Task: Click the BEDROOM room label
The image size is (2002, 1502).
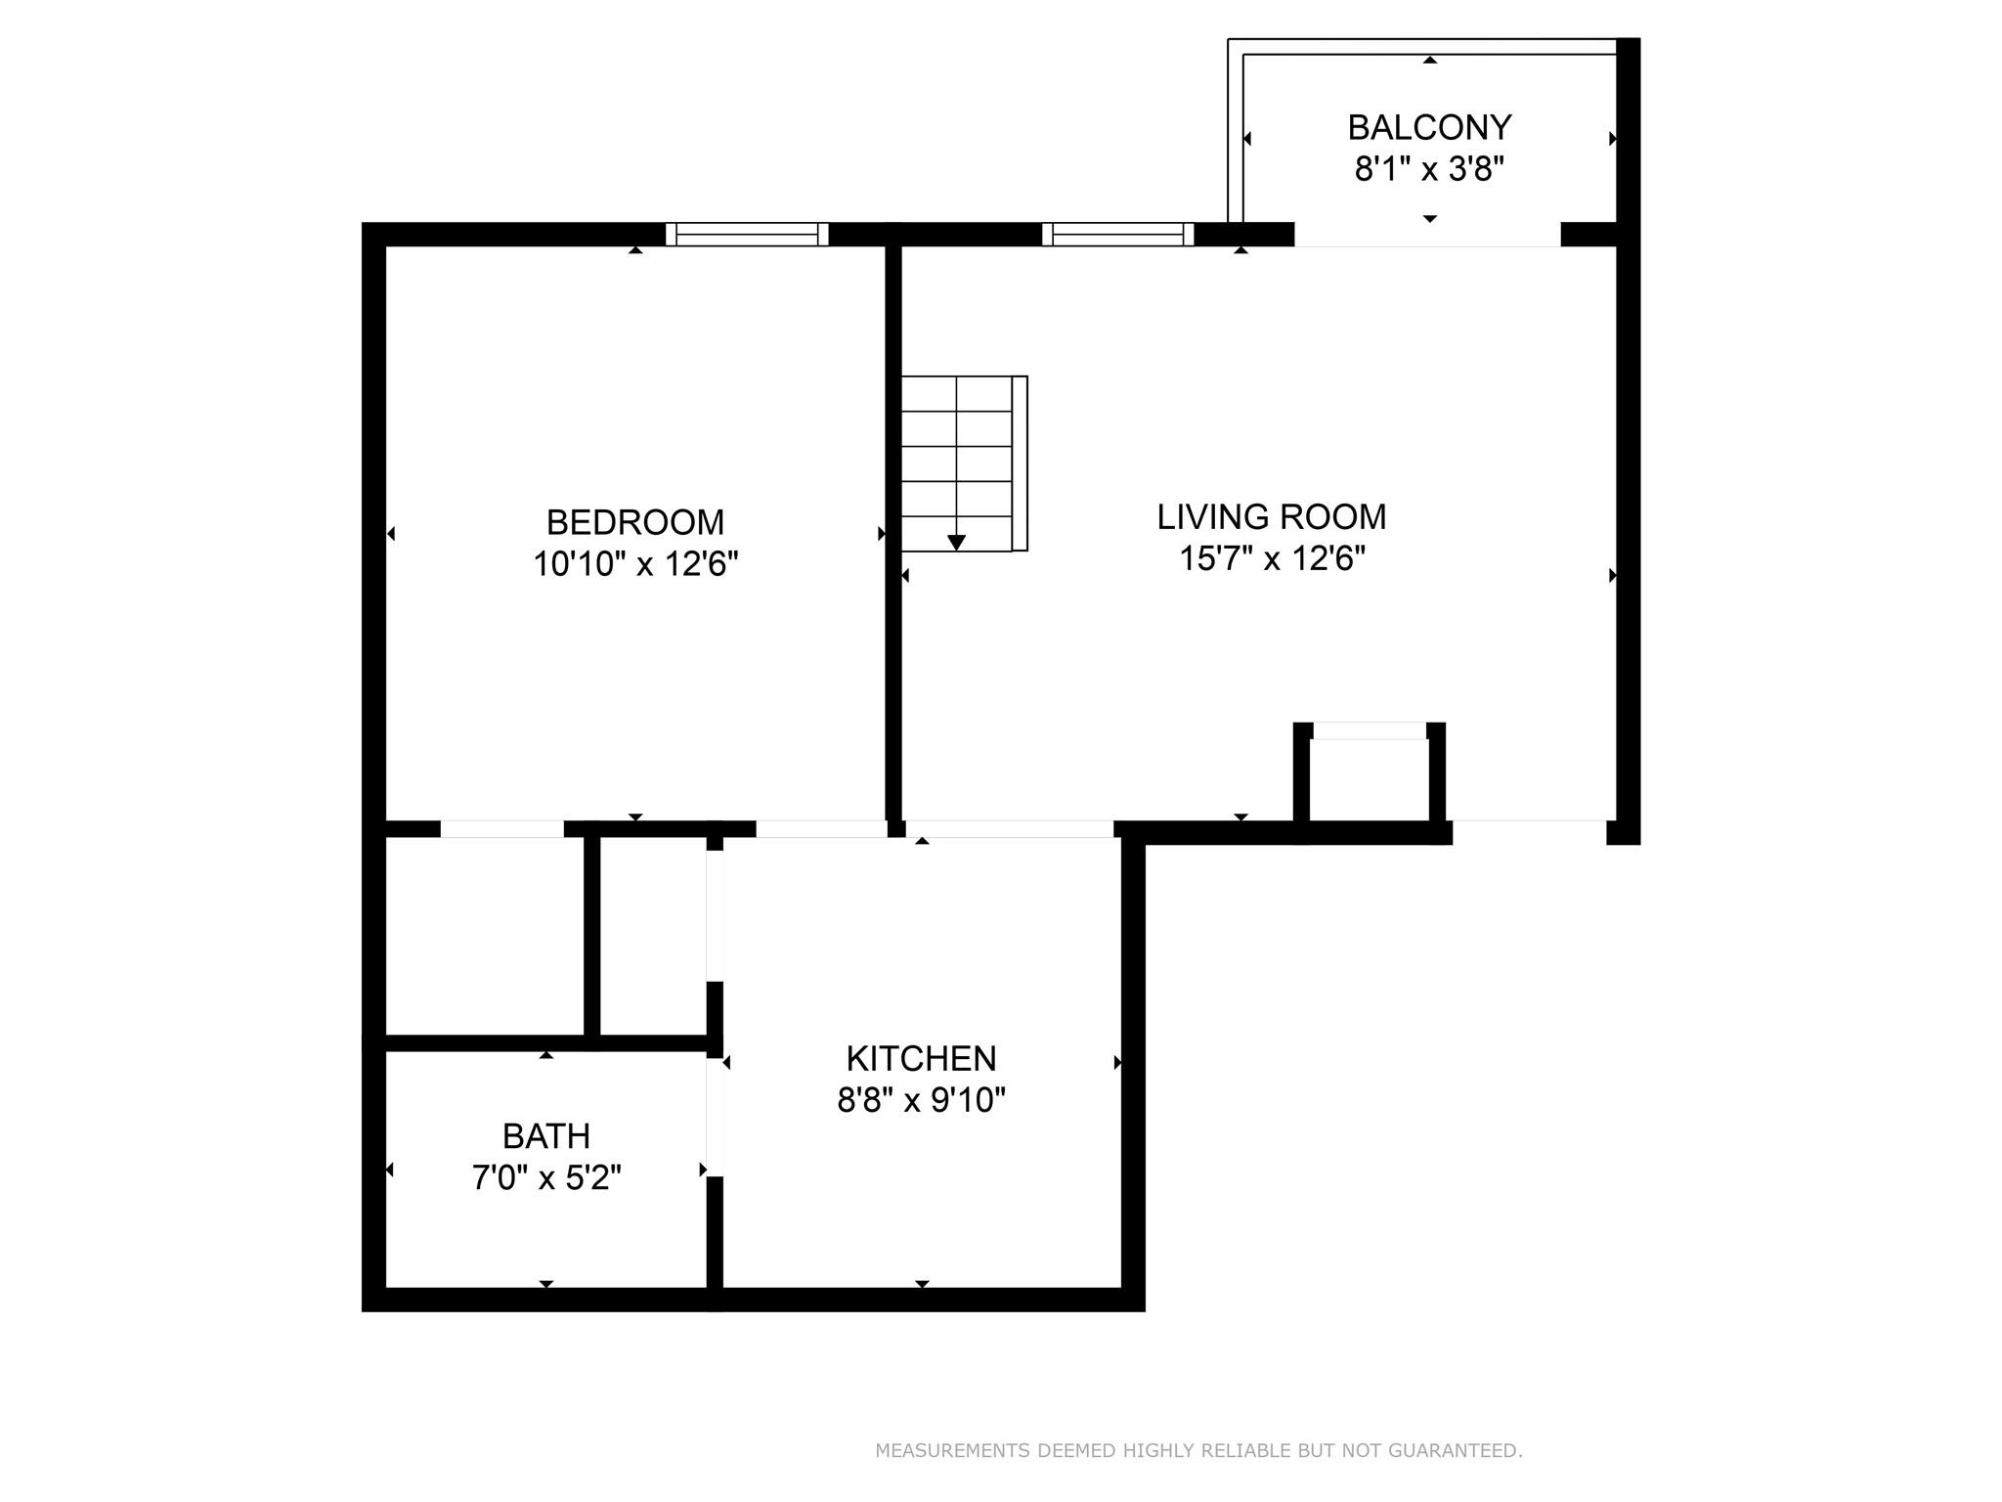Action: click(635, 522)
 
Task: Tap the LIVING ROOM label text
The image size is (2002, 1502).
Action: click(1272, 517)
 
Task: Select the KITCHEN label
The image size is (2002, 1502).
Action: click(921, 1058)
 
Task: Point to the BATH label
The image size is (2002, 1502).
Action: click(546, 1136)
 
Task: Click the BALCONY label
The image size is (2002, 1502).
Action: click(1429, 127)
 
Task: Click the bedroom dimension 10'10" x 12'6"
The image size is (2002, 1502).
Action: click(635, 564)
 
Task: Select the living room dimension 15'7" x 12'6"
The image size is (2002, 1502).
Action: click(1272, 559)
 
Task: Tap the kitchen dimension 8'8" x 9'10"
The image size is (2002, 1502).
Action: click(921, 1101)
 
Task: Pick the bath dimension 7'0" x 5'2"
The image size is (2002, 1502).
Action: click(546, 1178)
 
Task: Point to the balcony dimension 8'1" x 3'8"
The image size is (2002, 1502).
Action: click(1429, 170)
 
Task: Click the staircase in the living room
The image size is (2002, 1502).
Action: click(964, 464)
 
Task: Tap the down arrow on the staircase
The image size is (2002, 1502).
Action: click(957, 542)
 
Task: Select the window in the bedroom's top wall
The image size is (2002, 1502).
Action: click(747, 235)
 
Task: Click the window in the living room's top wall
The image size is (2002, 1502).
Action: click(1118, 235)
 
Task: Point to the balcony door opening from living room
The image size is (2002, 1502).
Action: click(1427, 235)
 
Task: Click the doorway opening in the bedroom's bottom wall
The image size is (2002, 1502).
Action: click(502, 829)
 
